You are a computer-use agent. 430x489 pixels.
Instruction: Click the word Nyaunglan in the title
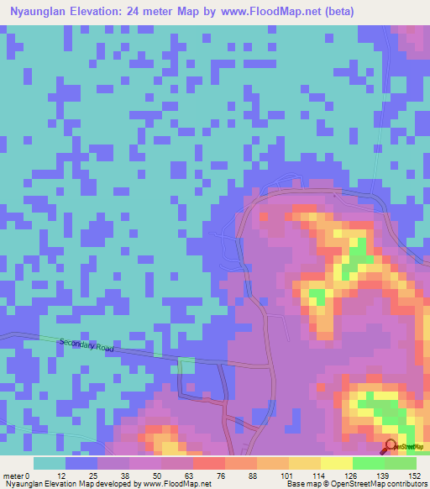coord(41,12)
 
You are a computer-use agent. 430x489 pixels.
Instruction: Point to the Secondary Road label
coord(87,346)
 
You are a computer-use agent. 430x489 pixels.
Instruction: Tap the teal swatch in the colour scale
coord(50,463)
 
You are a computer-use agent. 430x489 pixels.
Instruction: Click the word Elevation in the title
coord(106,12)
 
